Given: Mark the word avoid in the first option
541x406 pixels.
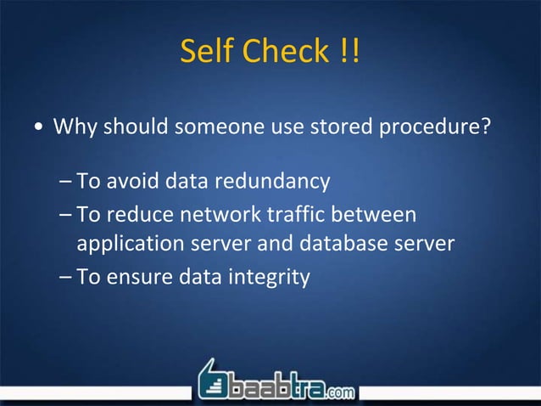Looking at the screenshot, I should click(x=134, y=181).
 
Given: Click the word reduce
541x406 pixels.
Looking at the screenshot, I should click(x=140, y=213).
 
